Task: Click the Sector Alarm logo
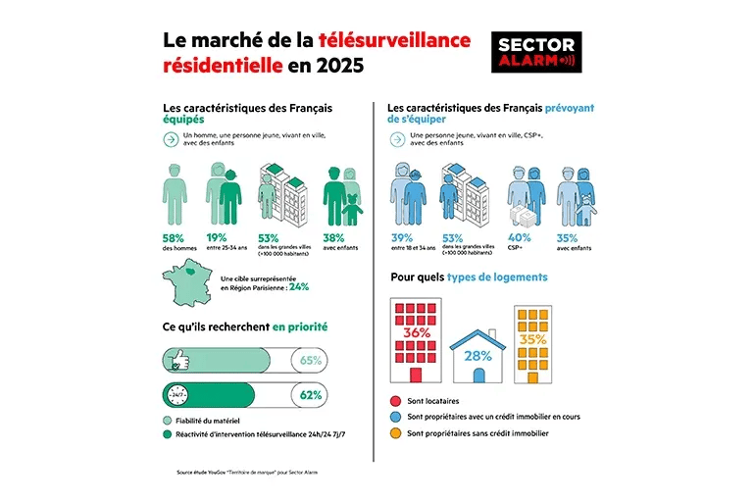coord(536,52)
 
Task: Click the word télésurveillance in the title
coord(394,40)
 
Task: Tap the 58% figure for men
coord(173,237)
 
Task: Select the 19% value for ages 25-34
coord(218,237)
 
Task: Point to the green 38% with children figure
coord(335,237)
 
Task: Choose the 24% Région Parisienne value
coord(299,287)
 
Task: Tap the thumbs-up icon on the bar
coord(178,361)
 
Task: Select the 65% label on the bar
coord(311,361)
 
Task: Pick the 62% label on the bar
coord(311,395)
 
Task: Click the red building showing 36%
coord(416,339)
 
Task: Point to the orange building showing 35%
coord(534,343)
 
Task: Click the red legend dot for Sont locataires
coord(395,401)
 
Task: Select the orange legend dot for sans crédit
coord(395,432)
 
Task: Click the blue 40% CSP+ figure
coord(520,237)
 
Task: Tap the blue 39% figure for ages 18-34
coord(403,237)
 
